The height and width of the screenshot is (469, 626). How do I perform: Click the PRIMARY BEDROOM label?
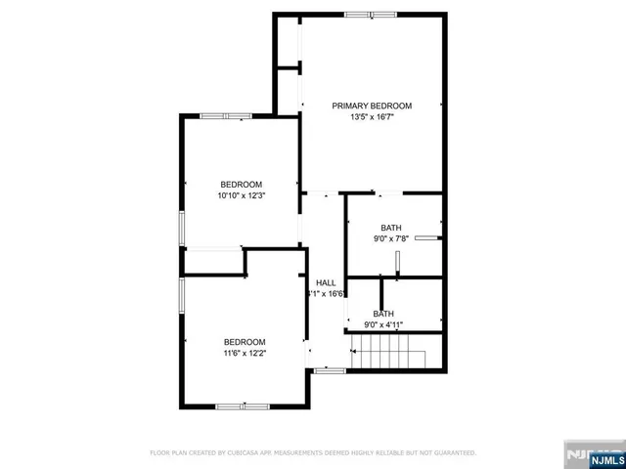pos(372,106)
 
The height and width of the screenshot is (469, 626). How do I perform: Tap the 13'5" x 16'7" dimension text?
pos(372,117)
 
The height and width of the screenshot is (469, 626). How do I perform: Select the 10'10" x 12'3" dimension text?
pos(241,195)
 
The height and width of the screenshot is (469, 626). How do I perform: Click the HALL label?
pos(326,282)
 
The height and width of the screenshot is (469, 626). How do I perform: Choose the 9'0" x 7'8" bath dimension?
pos(391,238)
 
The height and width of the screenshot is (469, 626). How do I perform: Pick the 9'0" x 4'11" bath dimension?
pos(383,325)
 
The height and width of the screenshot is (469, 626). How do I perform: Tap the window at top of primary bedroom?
pos(371,14)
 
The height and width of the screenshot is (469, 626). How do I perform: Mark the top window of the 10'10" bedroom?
pos(226,116)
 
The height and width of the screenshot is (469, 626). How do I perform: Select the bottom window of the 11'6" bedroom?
pos(243,405)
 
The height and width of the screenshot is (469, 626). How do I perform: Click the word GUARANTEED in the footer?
pos(454,453)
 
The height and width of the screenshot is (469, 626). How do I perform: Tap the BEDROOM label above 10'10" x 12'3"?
pos(241,185)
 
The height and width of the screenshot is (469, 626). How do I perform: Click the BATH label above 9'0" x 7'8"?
pos(391,228)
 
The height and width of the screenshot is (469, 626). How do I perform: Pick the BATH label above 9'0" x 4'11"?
pos(383,314)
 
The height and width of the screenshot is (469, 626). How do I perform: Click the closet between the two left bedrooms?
pos(212,262)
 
